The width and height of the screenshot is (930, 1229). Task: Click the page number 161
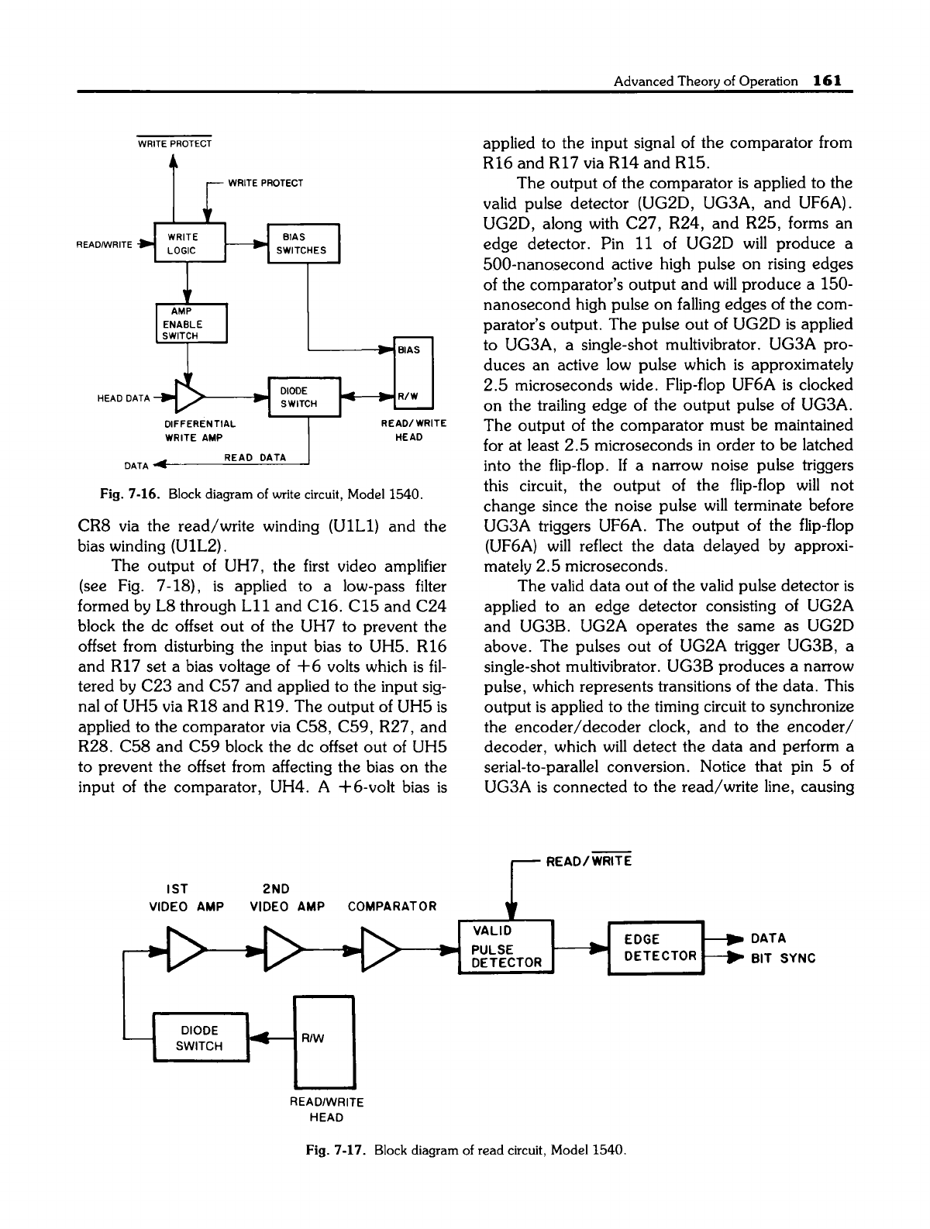(x=828, y=80)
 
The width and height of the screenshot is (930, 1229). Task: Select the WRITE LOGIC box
(x=190, y=243)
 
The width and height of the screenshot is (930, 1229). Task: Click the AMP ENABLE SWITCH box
(x=190, y=322)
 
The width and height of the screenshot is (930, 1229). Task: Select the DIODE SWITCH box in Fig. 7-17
(x=201, y=1038)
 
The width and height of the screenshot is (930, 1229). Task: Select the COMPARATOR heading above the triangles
(x=392, y=906)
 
